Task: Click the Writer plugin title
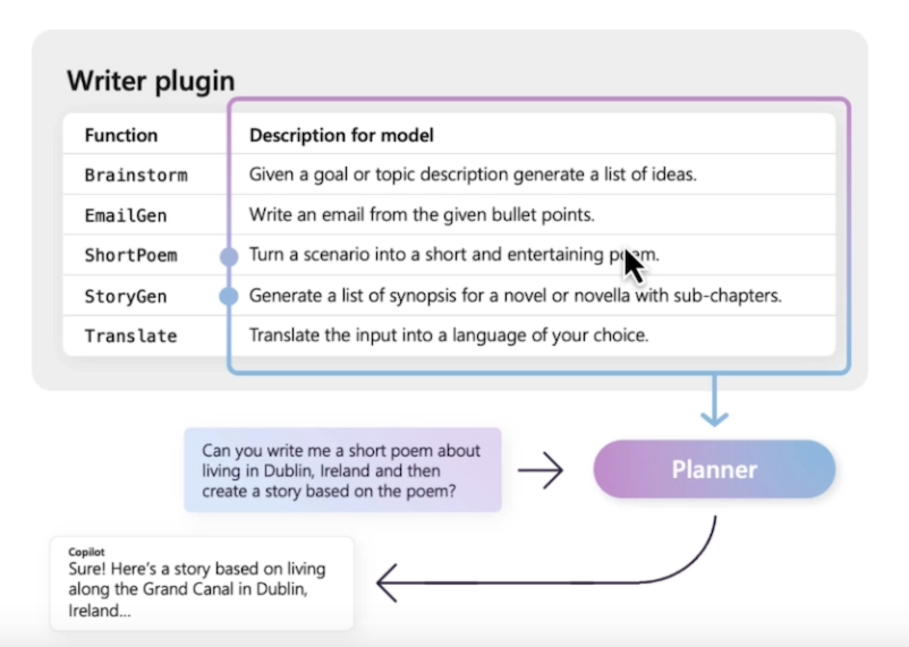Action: point(151,80)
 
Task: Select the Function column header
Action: point(121,135)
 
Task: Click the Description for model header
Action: point(341,135)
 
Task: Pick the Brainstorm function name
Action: point(136,175)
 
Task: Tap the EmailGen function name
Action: point(125,215)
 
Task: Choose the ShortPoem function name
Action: point(131,256)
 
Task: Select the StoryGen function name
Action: point(125,296)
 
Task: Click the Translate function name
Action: point(131,336)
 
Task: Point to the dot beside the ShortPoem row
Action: point(229,257)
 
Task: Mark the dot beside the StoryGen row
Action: point(229,296)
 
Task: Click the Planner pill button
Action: point(714,469)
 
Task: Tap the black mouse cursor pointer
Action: point(633,267)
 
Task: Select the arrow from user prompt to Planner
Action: point(540,470)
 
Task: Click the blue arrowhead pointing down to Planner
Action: point(715,419)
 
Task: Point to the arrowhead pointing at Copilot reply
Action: point(386,582)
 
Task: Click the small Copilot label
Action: point(86,552)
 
